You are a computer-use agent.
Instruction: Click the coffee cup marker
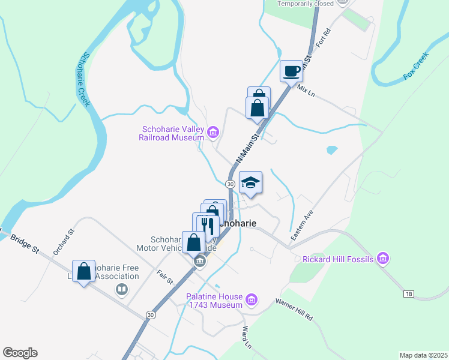coord(292,71)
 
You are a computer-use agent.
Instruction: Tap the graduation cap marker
coord(250,182)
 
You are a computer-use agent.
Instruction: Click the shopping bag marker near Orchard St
coord(84,271)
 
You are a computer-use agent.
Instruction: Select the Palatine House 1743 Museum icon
coord(252,299)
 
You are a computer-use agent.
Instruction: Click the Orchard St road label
coord(62,242)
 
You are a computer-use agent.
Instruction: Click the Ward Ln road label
coord(246,337)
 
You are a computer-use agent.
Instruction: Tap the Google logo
coord(20,353)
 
